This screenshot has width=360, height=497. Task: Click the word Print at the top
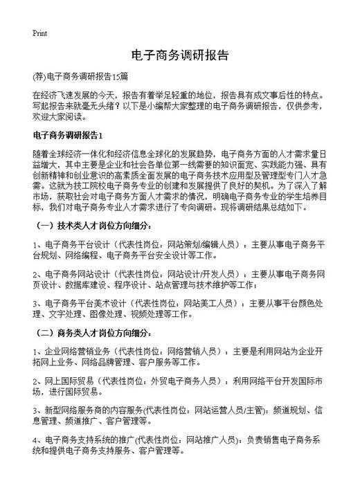39,33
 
